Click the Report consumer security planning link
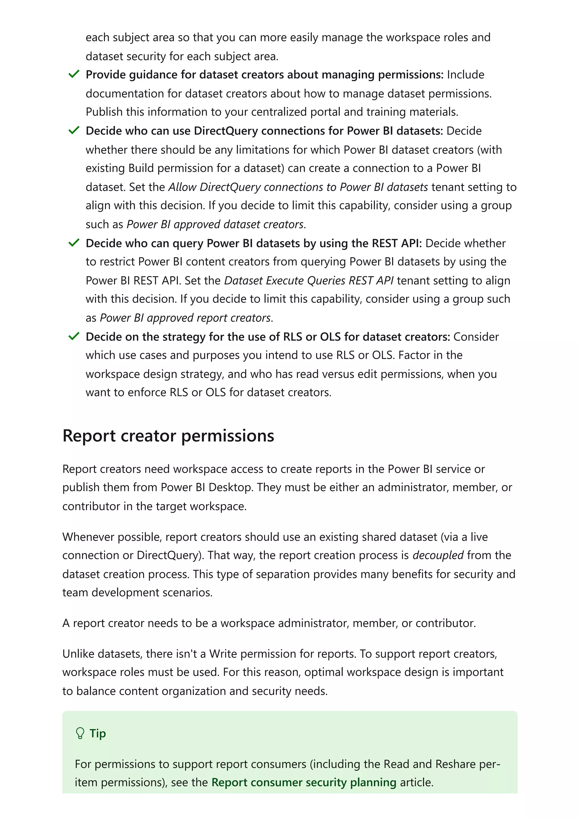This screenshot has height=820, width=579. (x=304, y=782)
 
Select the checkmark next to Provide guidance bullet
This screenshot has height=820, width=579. (x=74, y=74)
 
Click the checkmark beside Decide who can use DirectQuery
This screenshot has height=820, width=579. (x=74, y=131)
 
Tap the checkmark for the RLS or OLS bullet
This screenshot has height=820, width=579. (x=74, y=336)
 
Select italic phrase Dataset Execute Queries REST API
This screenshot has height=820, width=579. (x=309, y=280)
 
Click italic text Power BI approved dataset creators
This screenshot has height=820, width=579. (x=215, y=224)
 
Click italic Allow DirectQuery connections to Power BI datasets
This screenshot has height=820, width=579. (x=298, y=187)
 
